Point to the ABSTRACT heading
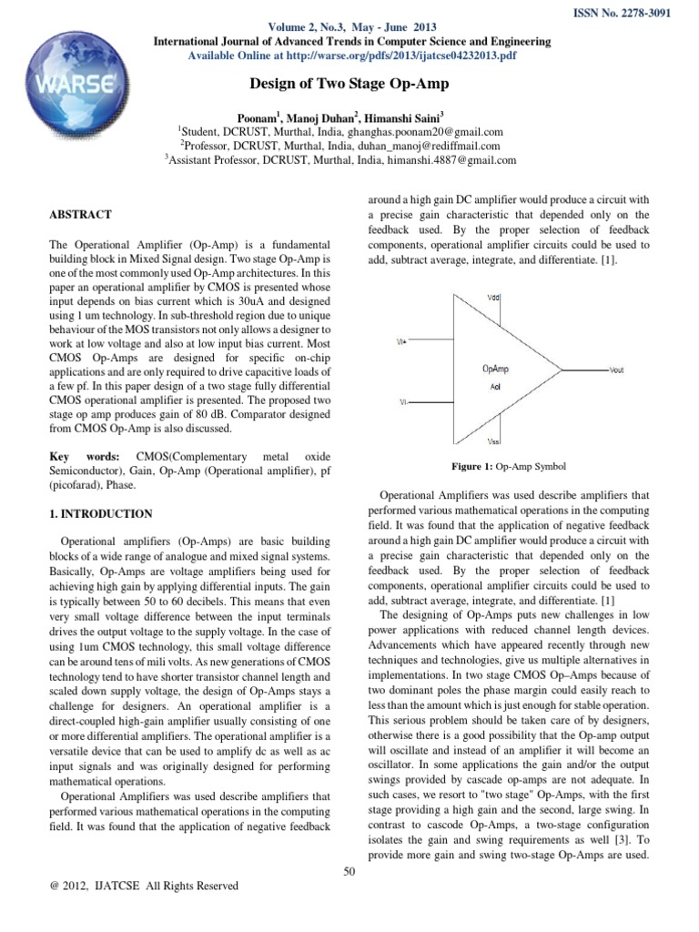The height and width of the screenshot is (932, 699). pos(80,215)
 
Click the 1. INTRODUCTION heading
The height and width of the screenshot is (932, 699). pos(100,514)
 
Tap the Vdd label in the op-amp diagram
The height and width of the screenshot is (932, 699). pos(492,299)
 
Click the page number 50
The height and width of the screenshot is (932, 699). pos(349,871)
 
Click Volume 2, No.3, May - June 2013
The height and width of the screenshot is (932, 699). pos(349,27)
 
